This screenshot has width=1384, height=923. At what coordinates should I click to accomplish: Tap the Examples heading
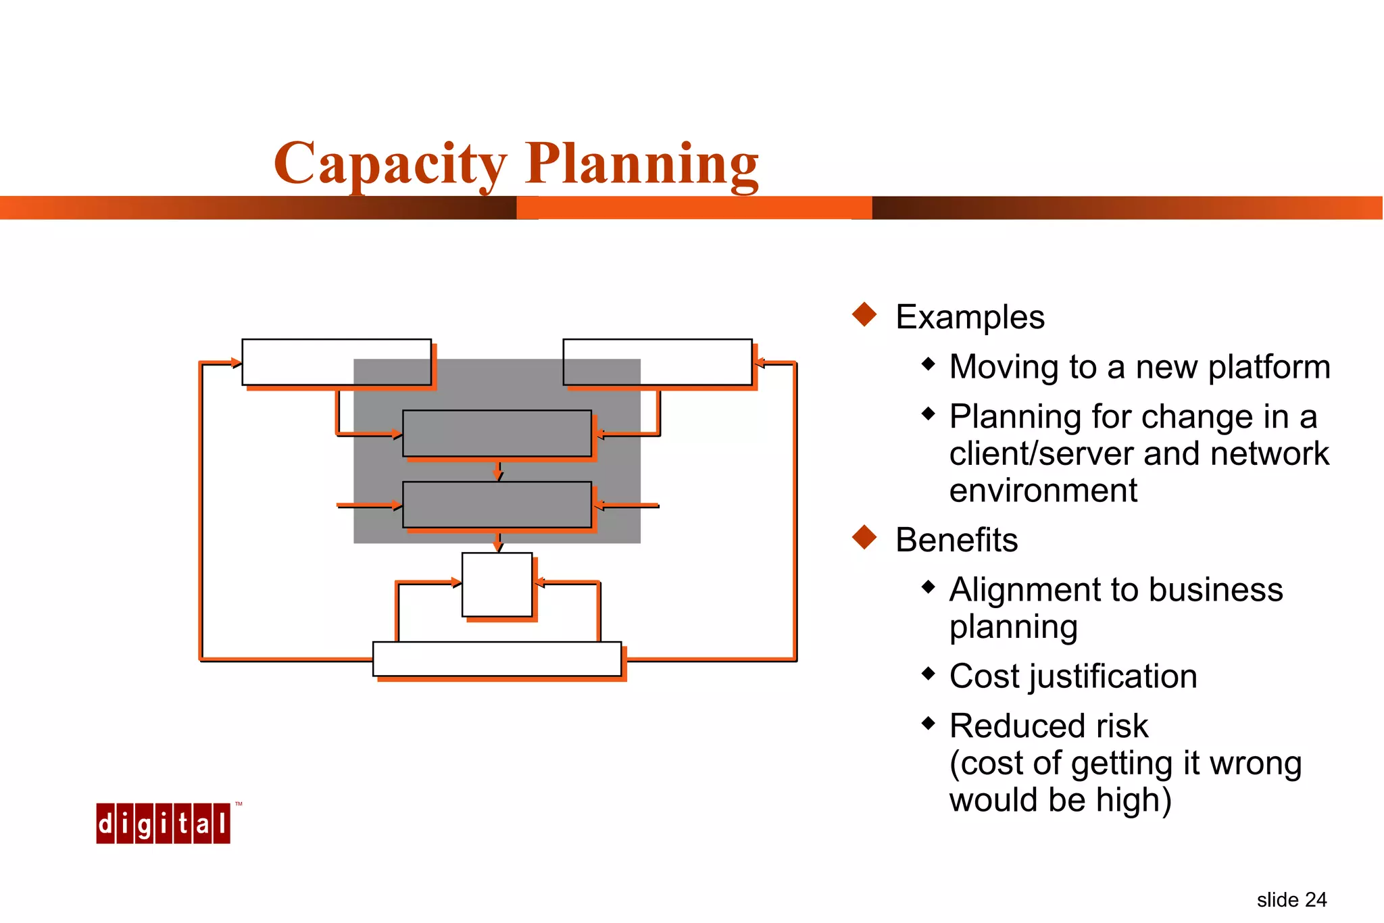970,317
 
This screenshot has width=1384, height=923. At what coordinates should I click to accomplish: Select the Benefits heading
956,540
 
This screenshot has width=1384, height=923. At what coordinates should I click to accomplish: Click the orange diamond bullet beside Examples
864,314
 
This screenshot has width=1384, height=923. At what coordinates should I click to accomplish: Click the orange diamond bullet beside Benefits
864,537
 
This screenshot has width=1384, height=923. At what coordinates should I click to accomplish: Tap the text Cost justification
1073,676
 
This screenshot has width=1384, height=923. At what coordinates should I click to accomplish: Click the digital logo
163,823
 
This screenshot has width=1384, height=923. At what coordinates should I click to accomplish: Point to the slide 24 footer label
1291,900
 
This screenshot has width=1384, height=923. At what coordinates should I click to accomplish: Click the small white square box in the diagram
497,584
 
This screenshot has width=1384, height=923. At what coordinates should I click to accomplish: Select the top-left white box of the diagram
337,362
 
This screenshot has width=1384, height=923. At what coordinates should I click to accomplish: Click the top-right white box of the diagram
658,362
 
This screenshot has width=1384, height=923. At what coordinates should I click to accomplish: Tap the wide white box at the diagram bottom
497,659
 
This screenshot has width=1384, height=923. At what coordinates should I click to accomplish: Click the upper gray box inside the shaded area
497,433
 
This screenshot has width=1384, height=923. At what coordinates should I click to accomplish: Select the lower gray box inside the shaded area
497,505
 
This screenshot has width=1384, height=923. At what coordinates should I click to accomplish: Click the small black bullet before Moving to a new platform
929,364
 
